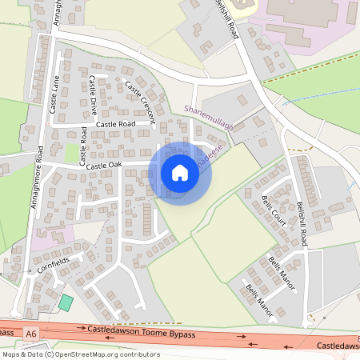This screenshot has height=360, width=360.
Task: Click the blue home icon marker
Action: [x=180, y=173]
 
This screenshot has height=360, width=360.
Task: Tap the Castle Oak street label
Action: [x=104, y=166]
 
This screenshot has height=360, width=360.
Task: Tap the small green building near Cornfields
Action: [x=65, y=303]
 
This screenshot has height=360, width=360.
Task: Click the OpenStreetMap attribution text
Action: [x=80, y=354]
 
